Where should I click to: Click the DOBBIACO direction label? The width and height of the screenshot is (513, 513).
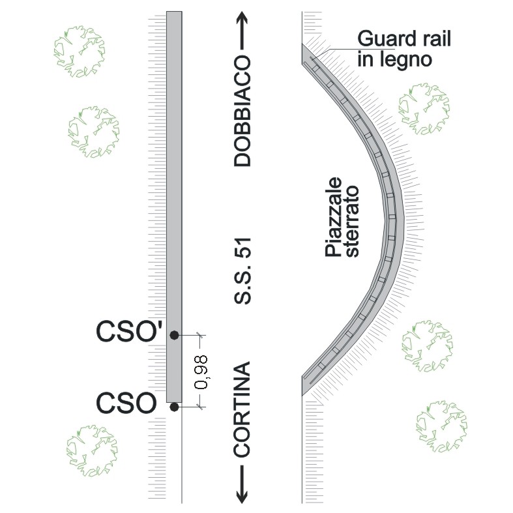(242, 111)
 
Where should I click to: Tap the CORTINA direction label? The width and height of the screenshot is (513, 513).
(242, 409)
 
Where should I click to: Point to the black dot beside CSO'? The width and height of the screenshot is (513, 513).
(174, 335)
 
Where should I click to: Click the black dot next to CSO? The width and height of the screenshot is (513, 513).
(174, 407)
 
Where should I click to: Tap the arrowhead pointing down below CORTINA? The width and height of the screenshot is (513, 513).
(242, 495)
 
